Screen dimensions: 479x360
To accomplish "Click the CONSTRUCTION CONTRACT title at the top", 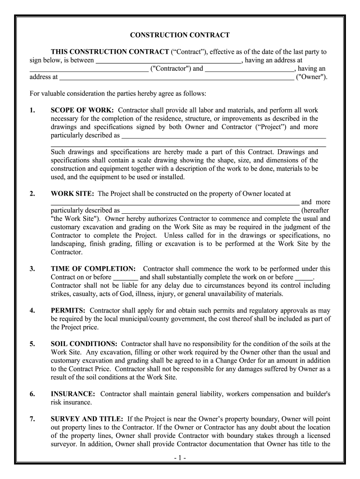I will pos(180,35).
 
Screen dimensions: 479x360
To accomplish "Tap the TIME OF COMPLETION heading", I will pos(93,269).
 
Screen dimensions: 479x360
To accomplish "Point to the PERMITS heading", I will pos(68,310).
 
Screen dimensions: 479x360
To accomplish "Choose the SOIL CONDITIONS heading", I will pos(84,343).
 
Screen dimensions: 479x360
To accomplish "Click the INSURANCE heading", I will pos(73,394).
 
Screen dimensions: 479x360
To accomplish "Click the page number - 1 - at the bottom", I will pos(180,458).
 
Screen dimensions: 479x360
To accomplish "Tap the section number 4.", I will pos(32,310).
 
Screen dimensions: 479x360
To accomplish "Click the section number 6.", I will pos(32,394).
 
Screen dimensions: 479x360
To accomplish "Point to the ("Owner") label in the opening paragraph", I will pos(312,77).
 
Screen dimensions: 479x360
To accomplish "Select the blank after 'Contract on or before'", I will pos(126,277).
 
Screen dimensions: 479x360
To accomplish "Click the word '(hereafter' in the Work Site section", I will pos(316,210).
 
